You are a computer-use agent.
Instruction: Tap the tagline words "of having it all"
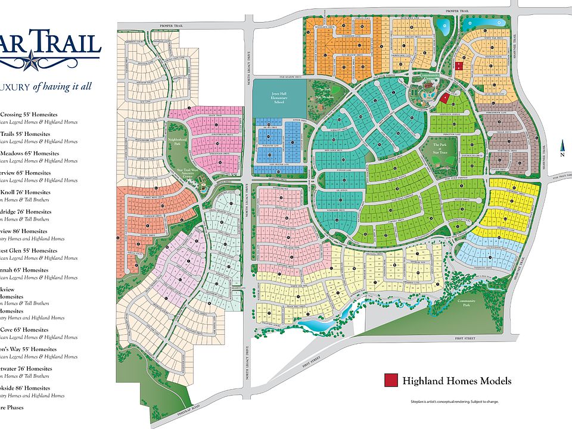[x=62, y=86]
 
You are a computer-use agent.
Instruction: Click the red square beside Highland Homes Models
[x=391, y=380]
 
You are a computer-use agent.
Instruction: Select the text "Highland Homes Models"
[x=456, y=381]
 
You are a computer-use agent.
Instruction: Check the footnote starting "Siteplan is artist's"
[x=454, y=402]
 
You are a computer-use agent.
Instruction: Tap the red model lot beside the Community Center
[x=444, y=98]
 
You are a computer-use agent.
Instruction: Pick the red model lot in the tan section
[x=459, y=66]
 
